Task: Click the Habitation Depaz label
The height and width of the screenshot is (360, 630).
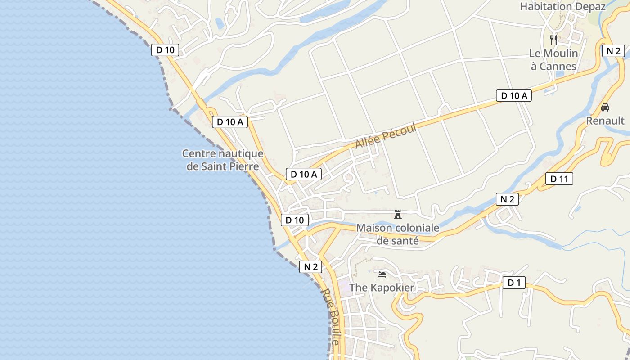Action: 562,6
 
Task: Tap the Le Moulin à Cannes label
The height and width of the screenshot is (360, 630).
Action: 553,60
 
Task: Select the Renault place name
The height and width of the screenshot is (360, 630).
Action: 605,121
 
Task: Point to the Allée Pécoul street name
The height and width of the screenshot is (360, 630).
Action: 385,135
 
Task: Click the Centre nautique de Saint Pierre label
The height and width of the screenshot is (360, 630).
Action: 223,160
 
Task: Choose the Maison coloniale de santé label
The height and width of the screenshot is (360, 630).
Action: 398,234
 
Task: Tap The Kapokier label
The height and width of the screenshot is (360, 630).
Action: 382,287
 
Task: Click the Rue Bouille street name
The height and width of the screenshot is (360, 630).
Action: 330,317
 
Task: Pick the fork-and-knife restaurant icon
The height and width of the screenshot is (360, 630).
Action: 553,40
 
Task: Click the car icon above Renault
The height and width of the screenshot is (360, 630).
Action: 605,108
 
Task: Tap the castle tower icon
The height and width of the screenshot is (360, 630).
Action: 398,215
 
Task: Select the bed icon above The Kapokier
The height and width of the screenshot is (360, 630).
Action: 382,274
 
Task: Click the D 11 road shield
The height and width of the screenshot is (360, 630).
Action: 559,179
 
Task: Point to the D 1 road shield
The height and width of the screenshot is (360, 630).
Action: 514,283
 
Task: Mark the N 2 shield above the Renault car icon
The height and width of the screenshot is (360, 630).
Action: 613,50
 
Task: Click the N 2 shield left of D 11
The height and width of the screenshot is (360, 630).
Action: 507,199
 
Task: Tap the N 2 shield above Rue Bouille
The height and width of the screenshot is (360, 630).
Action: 311,266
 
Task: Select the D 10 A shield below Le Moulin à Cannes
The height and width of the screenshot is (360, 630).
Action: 513,95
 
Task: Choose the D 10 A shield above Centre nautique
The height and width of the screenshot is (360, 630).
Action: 230,121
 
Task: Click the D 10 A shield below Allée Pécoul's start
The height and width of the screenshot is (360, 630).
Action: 304,174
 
